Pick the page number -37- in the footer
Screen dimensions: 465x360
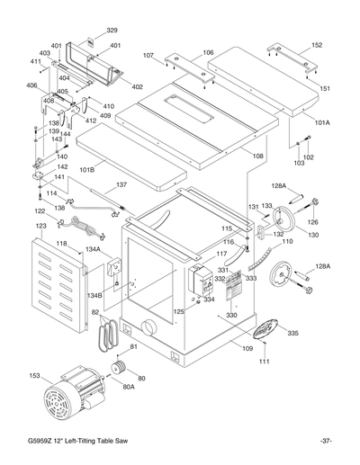pyautogui.click(x=326, y=440)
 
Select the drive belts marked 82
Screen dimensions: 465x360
pyautogui.click(x=102, y=335)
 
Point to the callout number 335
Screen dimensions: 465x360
pyautogui.click(x=292, y=333)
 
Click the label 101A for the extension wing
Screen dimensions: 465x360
pyautogui.click(x=321, y=122)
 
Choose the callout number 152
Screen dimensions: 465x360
pyautogui.click(x=317, y=43)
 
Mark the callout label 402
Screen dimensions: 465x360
pyautogui.click(x=138, y=86)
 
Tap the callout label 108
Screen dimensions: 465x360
pyautogui.click(x=258, y=156)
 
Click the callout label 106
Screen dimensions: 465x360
pyautogui.click(x=207, y=52)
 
